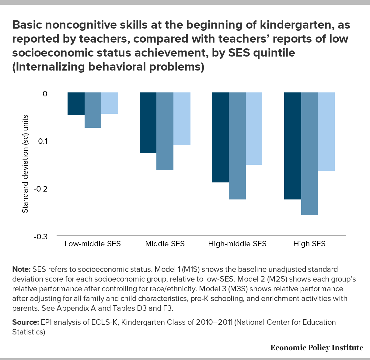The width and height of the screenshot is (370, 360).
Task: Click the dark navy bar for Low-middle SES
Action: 76,104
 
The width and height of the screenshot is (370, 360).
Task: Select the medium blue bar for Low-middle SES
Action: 93,110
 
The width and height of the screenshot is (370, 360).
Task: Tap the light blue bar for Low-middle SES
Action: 110,103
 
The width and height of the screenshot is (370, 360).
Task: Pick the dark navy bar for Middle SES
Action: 148,123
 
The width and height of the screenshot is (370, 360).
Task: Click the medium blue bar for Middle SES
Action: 165,131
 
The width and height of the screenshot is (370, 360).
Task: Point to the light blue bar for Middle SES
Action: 182,119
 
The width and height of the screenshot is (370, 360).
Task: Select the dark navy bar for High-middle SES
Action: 220,137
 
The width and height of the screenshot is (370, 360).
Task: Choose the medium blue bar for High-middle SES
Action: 237,146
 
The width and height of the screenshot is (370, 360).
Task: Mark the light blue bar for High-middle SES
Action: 254,129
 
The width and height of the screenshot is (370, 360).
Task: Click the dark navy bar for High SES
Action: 292,146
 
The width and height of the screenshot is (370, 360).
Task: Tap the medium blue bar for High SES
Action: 309,154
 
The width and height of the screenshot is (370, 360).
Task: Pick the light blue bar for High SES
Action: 326,132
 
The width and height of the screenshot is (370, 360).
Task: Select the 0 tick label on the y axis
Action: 45,94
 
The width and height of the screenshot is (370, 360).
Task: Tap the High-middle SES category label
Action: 237,244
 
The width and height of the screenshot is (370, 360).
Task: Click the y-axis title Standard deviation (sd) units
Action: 25,164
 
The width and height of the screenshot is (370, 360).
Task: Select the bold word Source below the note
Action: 25,322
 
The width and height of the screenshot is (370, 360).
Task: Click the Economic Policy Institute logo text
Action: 317,348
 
